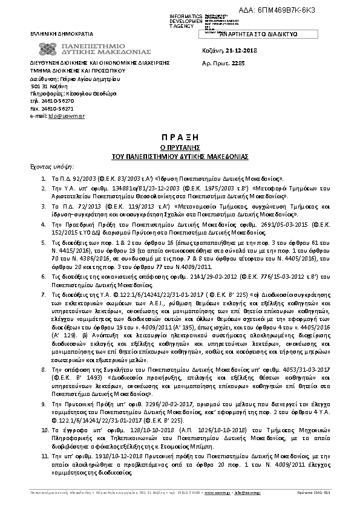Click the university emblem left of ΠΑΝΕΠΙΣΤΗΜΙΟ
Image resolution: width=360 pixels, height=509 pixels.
47,50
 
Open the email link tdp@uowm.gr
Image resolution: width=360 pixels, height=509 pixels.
57,115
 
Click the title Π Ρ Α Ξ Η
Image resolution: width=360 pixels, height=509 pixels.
180,137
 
